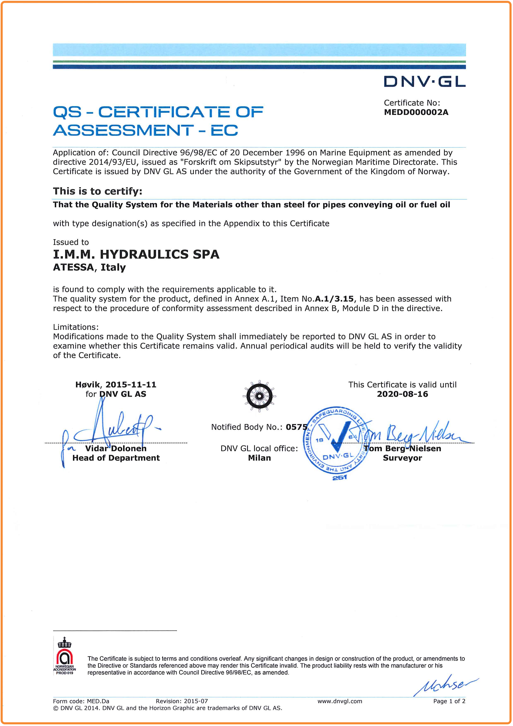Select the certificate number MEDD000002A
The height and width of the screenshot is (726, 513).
tap(416, 112)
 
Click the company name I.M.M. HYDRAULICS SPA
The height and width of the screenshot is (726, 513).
tap(136, 255)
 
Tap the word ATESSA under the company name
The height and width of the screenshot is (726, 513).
tap(73, 268)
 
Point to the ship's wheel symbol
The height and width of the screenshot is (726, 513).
tap(259, 396)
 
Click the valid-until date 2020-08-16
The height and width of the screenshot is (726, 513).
tap(402, 394)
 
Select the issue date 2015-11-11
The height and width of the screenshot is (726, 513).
tap(131, 385)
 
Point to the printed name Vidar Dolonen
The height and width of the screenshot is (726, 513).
tap(116, 448)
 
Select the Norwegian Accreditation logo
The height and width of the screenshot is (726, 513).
tap(65, 657)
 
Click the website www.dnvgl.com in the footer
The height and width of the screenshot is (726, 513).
tap(340, 701)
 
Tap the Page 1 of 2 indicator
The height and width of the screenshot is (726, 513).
tap(449, 701)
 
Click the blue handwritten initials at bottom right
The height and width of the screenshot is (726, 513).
tap(445, 686)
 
